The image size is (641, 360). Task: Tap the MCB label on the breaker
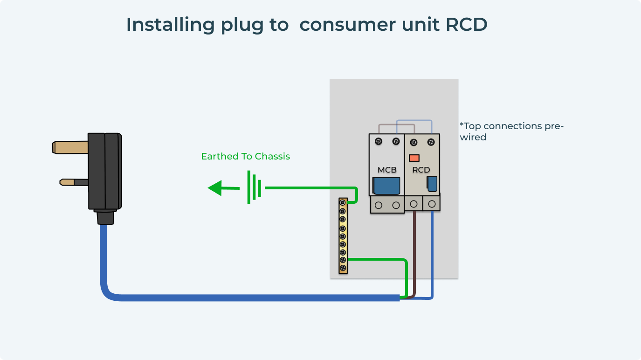pyautogui.click(x=387, y=170)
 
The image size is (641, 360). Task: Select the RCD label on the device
pyautogui.click(x=421, y=170)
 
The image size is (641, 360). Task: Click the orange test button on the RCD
pyautogui.click(x=414, y=158)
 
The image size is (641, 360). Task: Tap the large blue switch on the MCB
pyautogui.click(x=386, y=186)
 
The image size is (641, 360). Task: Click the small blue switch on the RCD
pyautogui.click(x=432, y=184)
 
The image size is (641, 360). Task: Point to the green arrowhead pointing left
pyautogui.click(x=216, y=188)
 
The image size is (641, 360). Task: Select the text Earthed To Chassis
pyautogui.click(x=245, y=157)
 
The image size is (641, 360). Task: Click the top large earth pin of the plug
pyautogui.click(x=70, y=147)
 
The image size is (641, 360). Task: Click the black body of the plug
pyautogui.click(x=105, y=171)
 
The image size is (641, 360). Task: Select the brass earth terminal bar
pyautogui.click(x=343, y=235)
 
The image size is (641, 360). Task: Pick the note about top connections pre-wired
pyautogui.click(x=511, y=132)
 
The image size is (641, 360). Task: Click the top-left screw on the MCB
pyautogui.click(x=379, y=141)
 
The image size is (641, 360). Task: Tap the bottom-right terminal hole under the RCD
pyautogui.click(x=432, y=204)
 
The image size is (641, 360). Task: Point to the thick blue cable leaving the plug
pyautogui.click(x=233, y=298)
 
